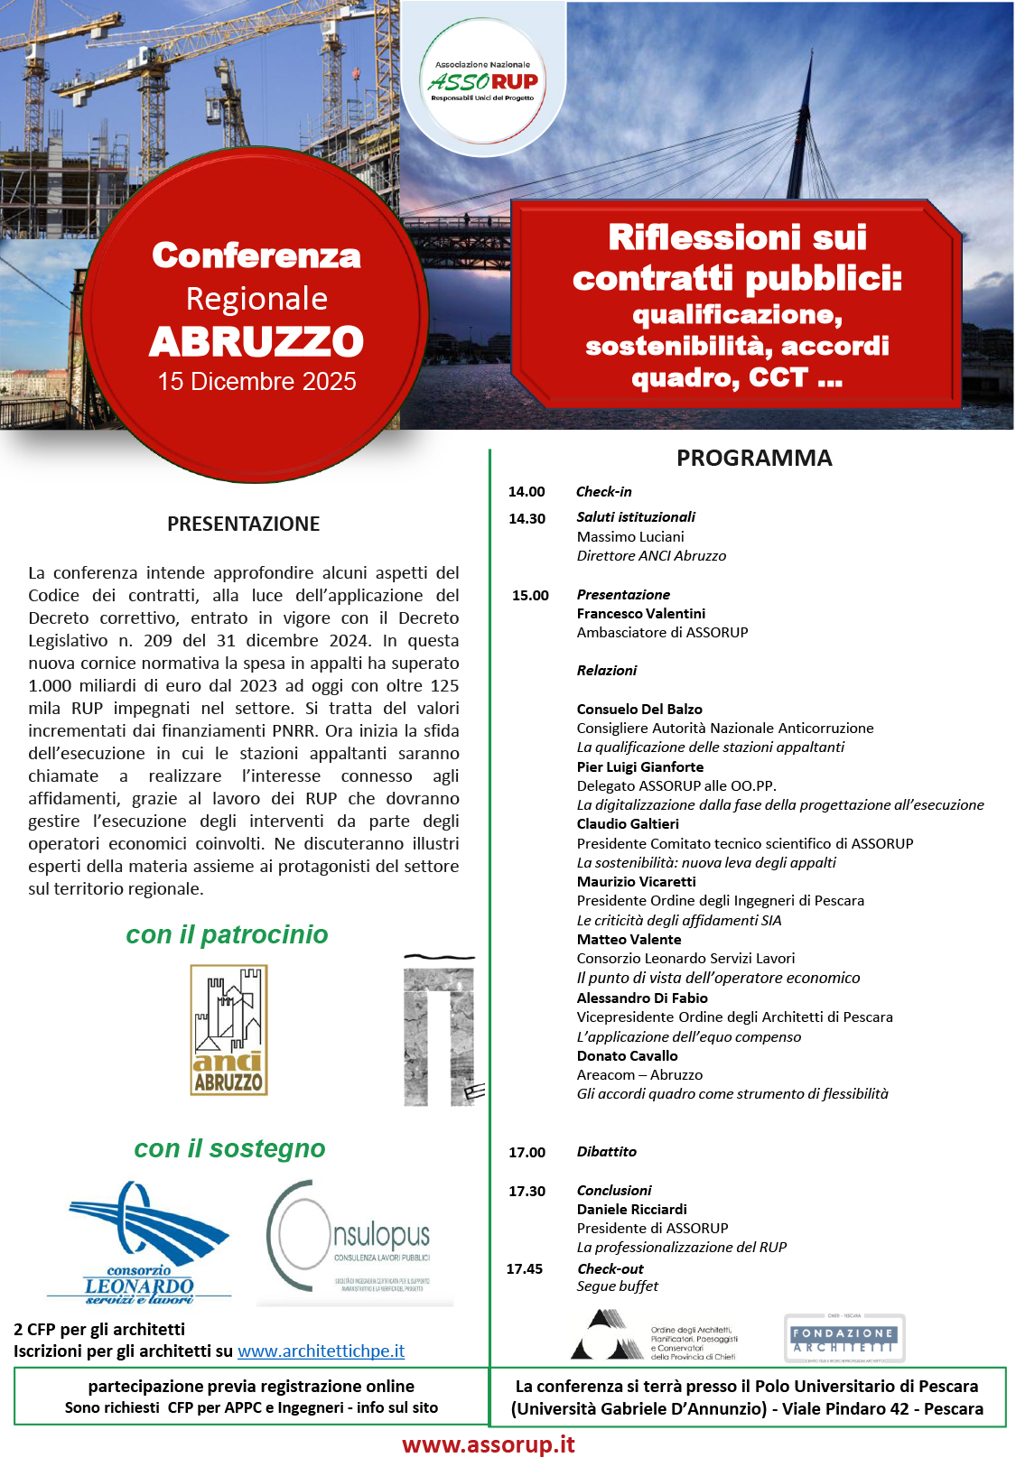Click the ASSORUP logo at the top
pyautogui.click(x=483, y=81)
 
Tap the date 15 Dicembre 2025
pyautogui.click(x=256, y=382)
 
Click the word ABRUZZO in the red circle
pyautogui.click(x=256, y=342)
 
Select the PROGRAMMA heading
pyautogui.click(x=754, y=458)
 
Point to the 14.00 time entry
pyautogui.click(x=527, y=492)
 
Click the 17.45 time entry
pyautogui.click(x=525, y=1269)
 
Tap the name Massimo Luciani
pyautogui.click(x=630, y=537)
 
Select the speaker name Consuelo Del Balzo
pyautogui.click(x=639, y=710)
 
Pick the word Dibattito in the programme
pyautogui.click(x=606, y=1152)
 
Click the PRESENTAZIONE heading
pyautogui.click(x=243, y=524)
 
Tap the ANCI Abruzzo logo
pyautogui.click(x=228, y=1030)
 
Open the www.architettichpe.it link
pyautogui.click(x=321, y=1351)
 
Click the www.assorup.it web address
pyautogui.click(x=488, y=1444)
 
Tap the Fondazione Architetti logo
pyautogui.click(x=844, y=1338)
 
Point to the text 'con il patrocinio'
pyautogui.click(x=227, y=934)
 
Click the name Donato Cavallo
pyautogui.click(x=627, y=1056)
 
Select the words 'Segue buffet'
pyautogui.click(x=617, y=1286)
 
